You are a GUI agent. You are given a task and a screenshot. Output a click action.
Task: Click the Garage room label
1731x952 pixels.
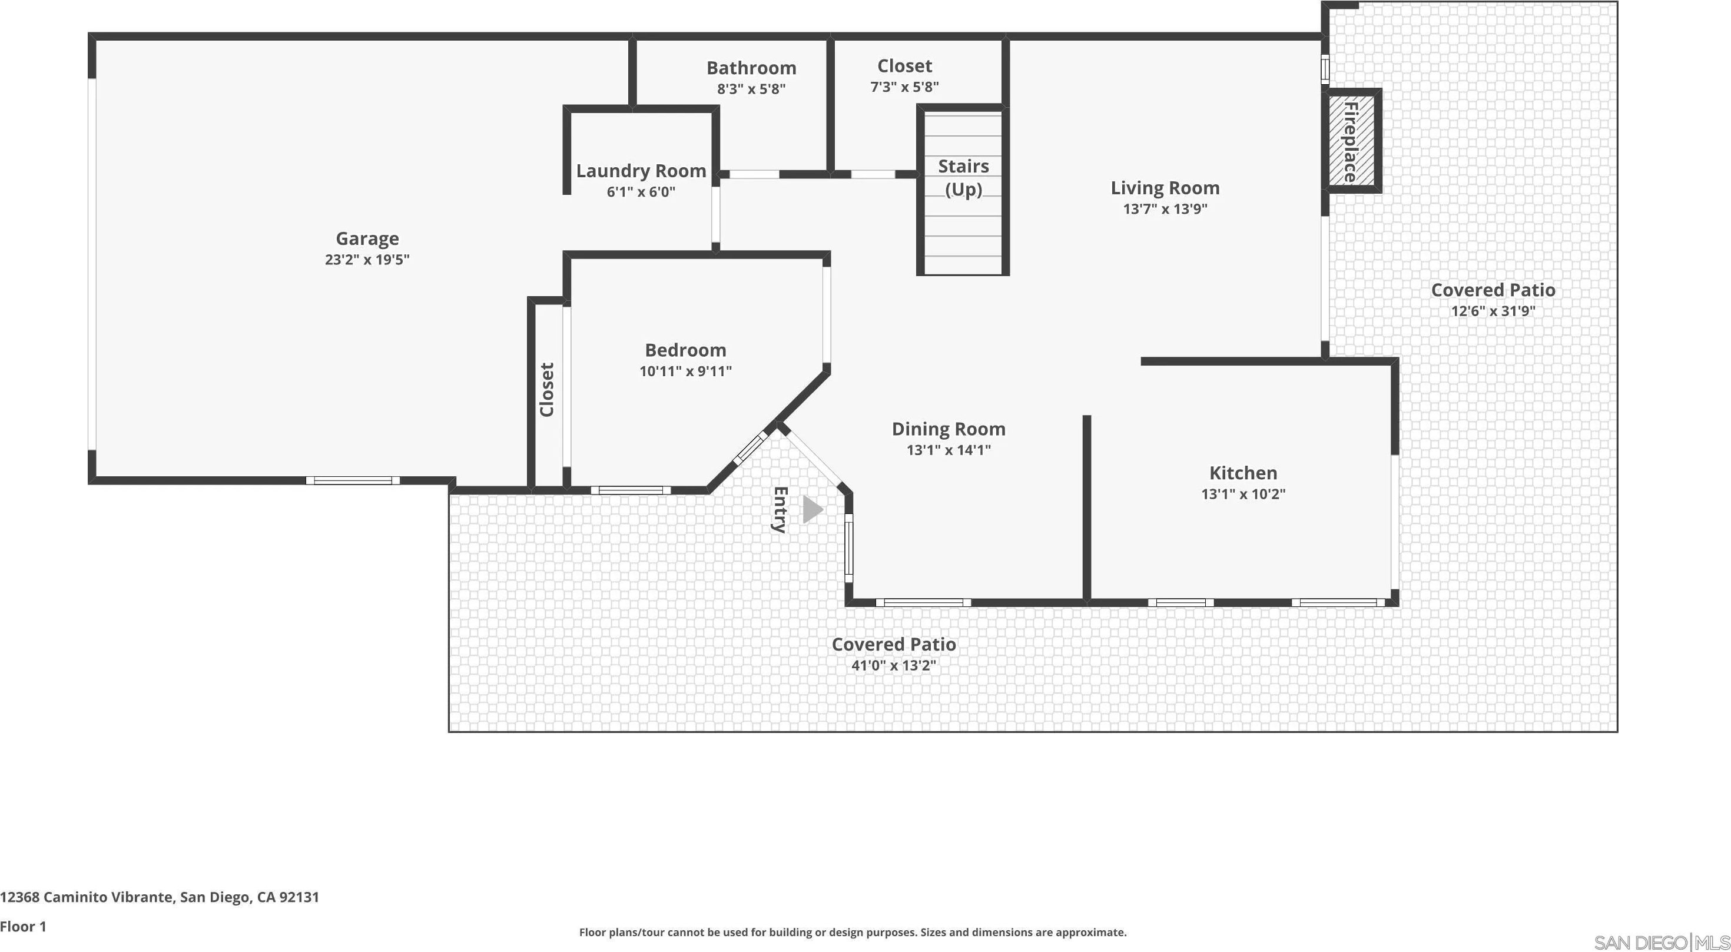click(x=367, y=238)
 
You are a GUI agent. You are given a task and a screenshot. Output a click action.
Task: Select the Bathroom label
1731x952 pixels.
click(x=751, y=68)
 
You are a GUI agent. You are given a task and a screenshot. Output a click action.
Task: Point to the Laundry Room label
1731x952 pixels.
click(x=641, y=171)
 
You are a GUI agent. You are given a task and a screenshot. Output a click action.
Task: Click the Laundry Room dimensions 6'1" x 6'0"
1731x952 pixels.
click(x=641, y=192)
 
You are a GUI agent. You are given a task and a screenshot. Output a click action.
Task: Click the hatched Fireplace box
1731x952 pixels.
click(x=1351, y=141)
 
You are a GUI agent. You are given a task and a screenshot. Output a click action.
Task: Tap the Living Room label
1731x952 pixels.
click(x=1165, y=188)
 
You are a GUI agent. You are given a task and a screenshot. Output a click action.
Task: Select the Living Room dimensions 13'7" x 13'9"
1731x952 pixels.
click(x=1165, y=209)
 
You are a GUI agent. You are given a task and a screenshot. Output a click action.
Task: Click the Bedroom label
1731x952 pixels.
click(x=685, y=350)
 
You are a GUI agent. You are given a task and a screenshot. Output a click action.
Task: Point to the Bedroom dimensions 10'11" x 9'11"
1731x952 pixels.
click(x=685, y=371)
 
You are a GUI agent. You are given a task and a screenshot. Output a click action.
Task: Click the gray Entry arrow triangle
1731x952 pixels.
click(x=812, y=509)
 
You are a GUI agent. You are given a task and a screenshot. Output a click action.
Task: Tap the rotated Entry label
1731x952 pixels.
click(x=780, y=509)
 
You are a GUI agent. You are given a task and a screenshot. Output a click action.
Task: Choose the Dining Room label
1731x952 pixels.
click(x=948, y=429)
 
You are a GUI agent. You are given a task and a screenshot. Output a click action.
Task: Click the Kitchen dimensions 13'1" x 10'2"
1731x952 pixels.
click(x=1243, y=495)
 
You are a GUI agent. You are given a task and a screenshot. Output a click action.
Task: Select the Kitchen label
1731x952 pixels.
click(x=1243, y=473)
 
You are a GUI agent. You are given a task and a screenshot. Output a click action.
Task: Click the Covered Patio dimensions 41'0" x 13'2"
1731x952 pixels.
click(x=894, y=666)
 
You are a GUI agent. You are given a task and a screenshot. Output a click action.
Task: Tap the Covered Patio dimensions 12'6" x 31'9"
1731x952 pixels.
click(x=1493, y=311)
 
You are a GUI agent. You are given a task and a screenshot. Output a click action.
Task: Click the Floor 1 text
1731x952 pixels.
click(x=24, y=927)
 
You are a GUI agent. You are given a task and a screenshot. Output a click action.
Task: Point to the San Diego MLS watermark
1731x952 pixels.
click(x=1662, y=942)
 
